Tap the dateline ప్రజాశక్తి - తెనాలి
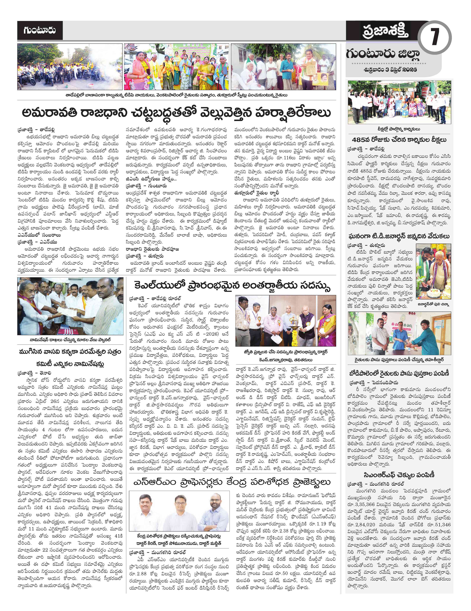34,373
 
